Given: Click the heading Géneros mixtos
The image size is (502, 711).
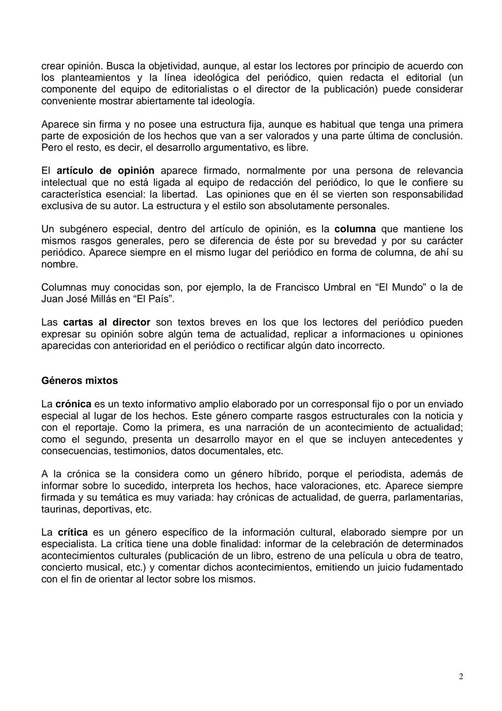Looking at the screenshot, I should coord(79,381).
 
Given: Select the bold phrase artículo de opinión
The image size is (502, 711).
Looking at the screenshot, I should coord(106,171).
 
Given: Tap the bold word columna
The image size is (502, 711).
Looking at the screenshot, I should coord(355,229).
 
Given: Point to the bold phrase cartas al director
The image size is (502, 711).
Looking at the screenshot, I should coord(106,322).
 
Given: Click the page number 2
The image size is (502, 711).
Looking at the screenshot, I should coord(461,677).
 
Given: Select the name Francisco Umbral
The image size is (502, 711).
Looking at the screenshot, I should coord(316,288).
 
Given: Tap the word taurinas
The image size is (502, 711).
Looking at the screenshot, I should coord(57,509).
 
